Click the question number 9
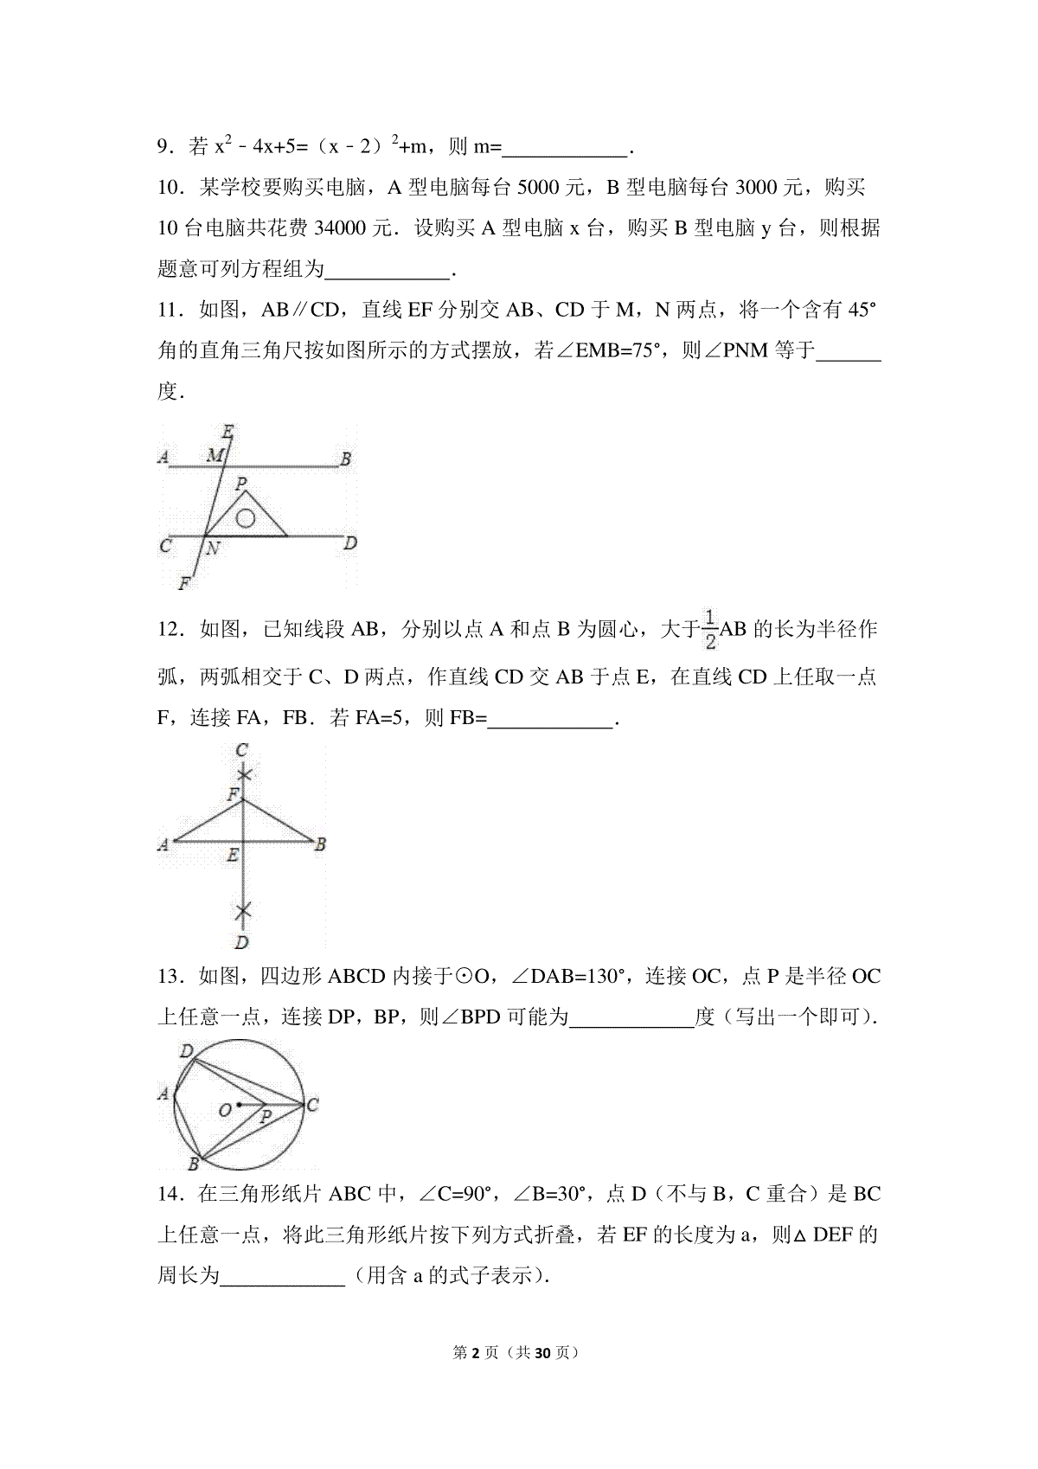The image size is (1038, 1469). pos(163,148)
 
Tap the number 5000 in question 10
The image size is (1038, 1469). pos(541,188)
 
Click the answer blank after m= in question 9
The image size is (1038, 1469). pos(565,148)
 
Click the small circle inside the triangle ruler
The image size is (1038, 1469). pos(246,518)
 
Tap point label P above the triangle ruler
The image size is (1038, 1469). pos(241,484)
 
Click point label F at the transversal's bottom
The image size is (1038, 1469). pos(184,584)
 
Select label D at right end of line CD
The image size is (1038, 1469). pos(350,544)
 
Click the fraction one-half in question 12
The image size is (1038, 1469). pos(709,629)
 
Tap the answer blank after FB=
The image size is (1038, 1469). pos(550,719)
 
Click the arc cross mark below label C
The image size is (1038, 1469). pos(245,774)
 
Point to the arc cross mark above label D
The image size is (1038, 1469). pos(244,910)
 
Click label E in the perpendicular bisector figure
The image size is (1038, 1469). pos(232,856)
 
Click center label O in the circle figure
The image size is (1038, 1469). pos(223,1110)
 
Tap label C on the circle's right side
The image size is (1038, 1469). pos(312,1104)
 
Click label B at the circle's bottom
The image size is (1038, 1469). pos(194,1164)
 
